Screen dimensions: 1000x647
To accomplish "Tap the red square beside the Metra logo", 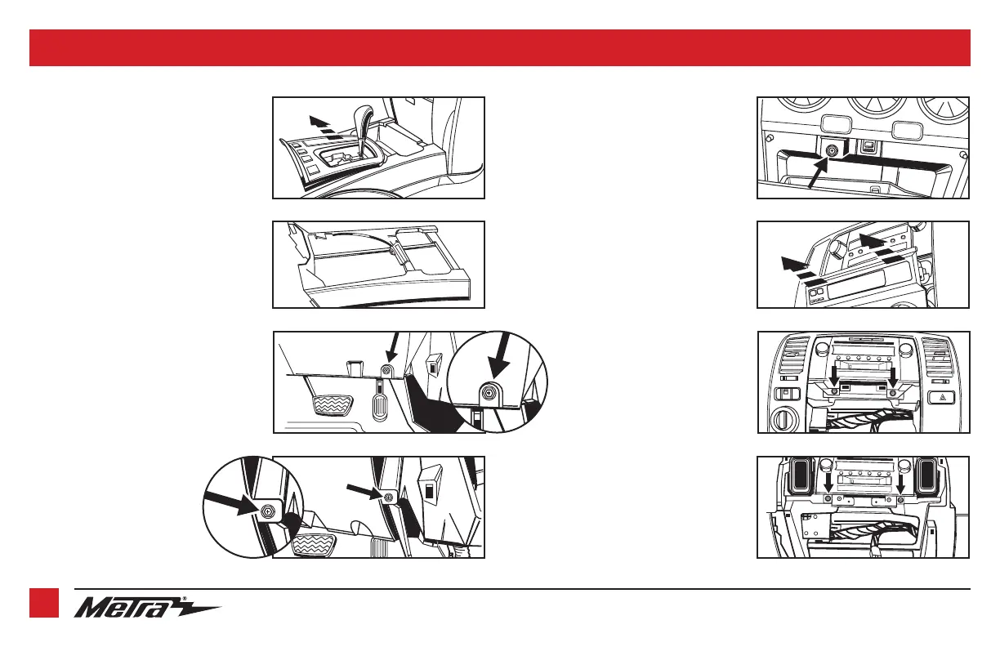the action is click(x=44, y=603).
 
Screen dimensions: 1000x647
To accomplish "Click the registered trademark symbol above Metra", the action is click(x=185, y=599).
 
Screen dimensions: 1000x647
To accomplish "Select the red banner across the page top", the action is click(x=500, y=47).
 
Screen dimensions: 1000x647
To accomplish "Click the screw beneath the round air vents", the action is click(x=831, y=151).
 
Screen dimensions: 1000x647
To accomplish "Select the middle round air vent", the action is click(x=877, y=108).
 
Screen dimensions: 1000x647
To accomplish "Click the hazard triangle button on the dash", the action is click(x=941, y=397).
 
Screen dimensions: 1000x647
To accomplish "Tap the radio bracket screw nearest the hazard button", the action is click(x=892, y=393).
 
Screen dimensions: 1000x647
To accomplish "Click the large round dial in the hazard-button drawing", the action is click(x=782, y=420).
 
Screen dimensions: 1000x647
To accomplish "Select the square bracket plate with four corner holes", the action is click(x=815, y=525).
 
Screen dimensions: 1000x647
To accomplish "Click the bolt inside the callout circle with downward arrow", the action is click(x=488, y=394).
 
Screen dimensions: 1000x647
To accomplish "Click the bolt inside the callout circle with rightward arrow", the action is click(x=268, y=511).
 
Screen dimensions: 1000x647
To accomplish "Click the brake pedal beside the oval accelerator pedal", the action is click(x=333, y=405).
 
